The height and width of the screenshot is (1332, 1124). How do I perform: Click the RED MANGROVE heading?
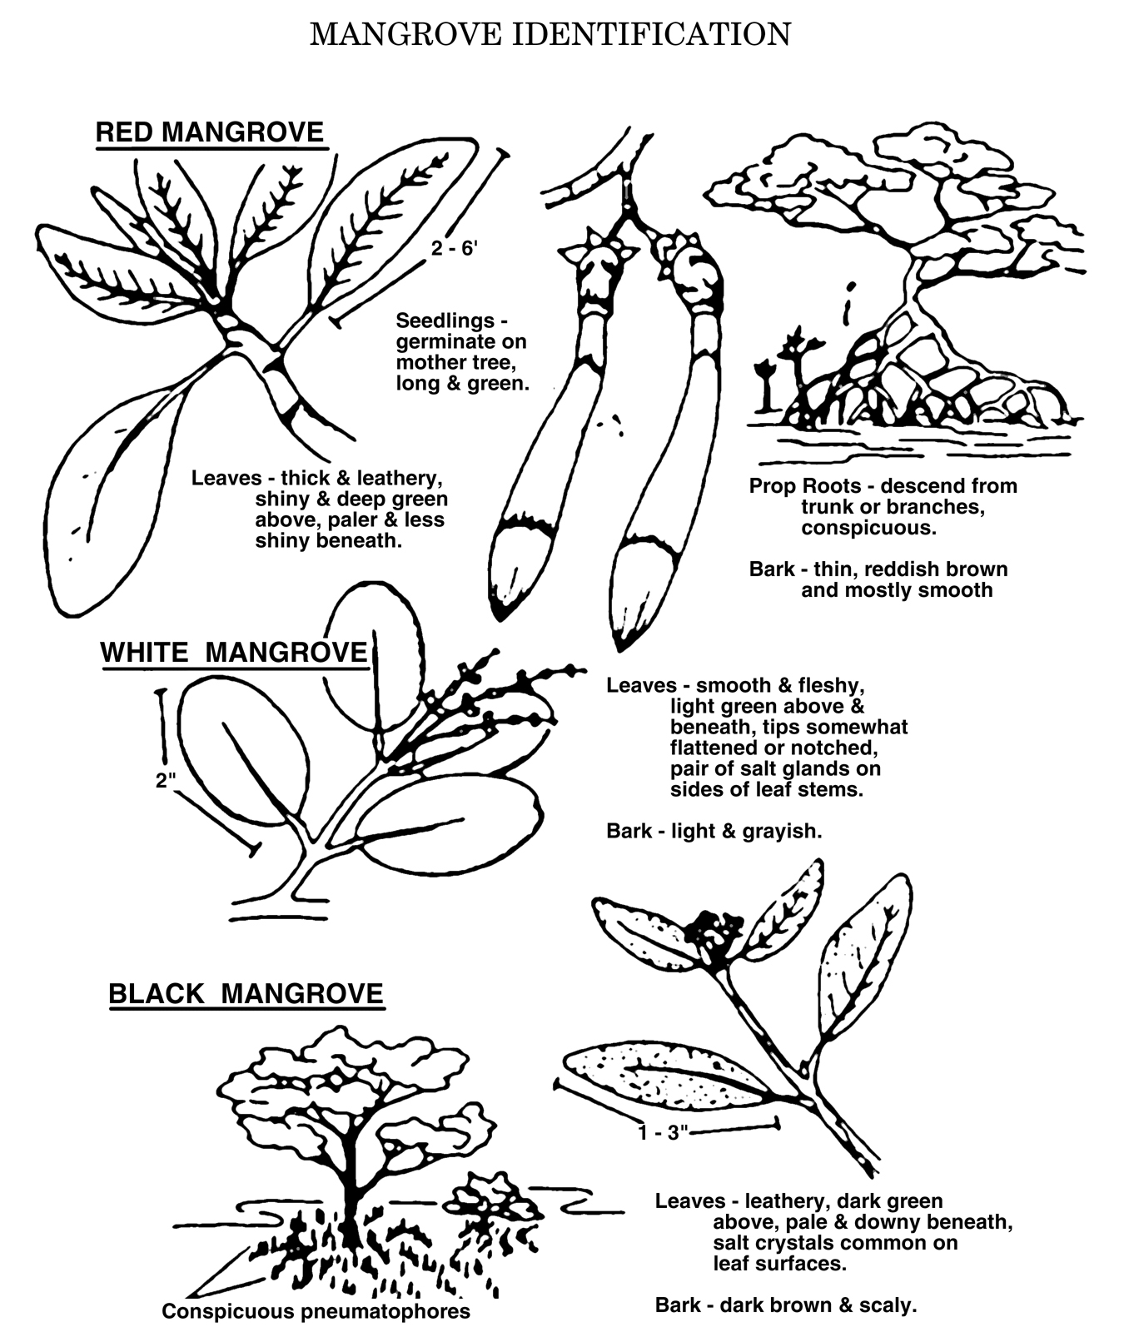210,132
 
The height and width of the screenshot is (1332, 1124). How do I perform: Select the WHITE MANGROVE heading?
234,652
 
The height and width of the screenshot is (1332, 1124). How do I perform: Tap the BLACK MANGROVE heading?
246,993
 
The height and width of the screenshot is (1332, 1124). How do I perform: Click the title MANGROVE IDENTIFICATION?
550,34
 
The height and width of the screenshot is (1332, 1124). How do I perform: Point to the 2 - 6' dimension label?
455,248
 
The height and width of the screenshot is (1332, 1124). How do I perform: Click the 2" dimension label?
166,781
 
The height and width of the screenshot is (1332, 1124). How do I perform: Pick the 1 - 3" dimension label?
664,1133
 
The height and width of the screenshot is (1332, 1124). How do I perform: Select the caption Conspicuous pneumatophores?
316,1312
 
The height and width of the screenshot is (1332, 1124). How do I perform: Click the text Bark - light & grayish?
714,831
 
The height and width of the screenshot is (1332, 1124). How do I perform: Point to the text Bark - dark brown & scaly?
786,1305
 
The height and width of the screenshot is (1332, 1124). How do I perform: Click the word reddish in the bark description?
901,569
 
